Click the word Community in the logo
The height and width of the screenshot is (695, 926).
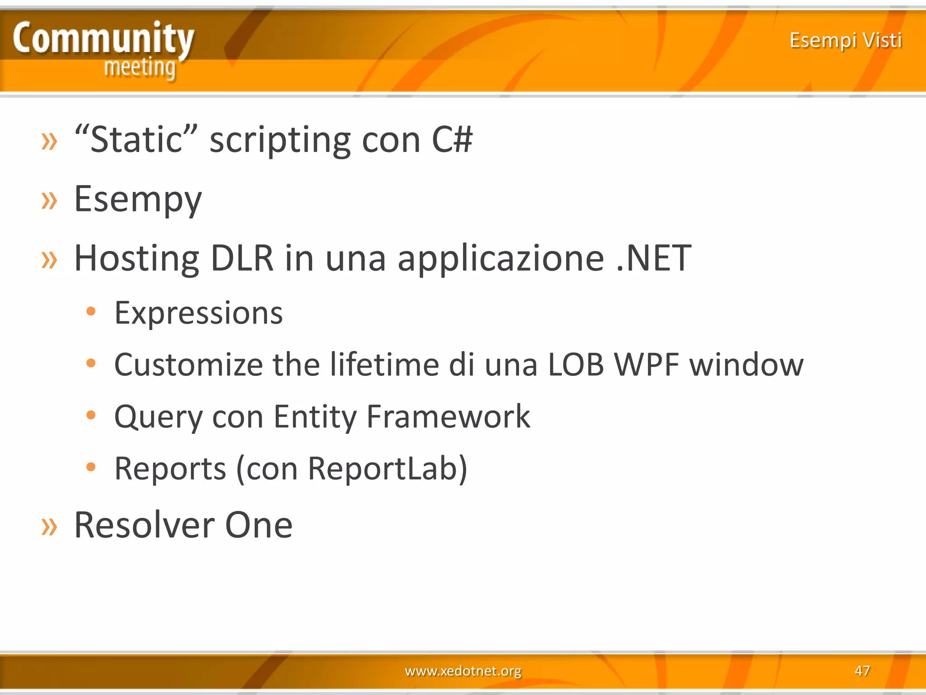tap(104, 39)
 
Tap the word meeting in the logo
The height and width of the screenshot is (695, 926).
tap(140, 68)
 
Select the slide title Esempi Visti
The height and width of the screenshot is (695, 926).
tap(846, 40)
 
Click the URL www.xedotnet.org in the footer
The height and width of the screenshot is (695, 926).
tap(463, 670)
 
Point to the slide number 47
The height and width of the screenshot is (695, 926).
tap(862, 670)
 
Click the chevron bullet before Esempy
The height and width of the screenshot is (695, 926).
tap(49, 200)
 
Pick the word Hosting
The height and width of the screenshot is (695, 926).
tap(137, 259)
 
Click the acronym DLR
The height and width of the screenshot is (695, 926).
tap(242, 258)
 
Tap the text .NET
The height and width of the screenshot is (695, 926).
tap(654, 258)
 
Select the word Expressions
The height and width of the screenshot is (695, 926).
tap(198, 313)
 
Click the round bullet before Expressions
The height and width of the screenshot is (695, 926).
tap(91, 311)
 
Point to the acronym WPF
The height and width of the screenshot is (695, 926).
tap(647, 364)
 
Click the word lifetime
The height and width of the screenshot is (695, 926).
tap(384, 364)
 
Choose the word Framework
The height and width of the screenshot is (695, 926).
tap(448, 416)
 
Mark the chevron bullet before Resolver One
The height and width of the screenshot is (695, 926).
tap(49, 526)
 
